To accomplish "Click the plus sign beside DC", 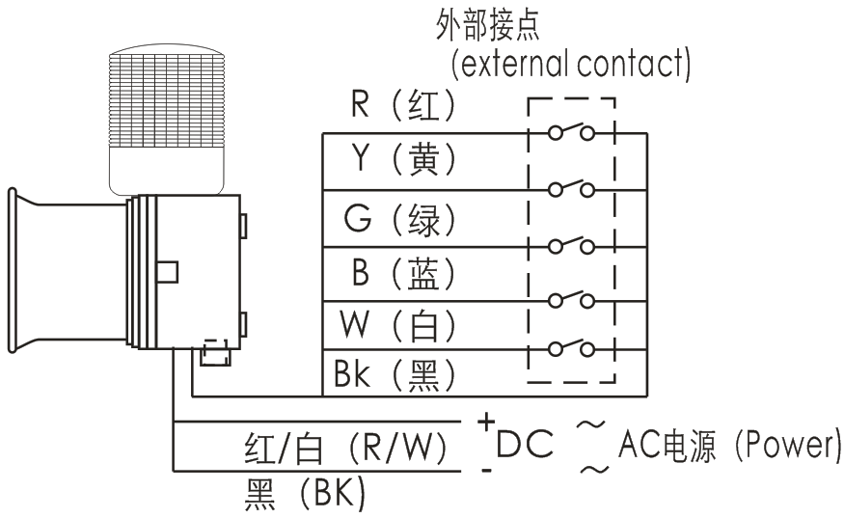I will [487, 423].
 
